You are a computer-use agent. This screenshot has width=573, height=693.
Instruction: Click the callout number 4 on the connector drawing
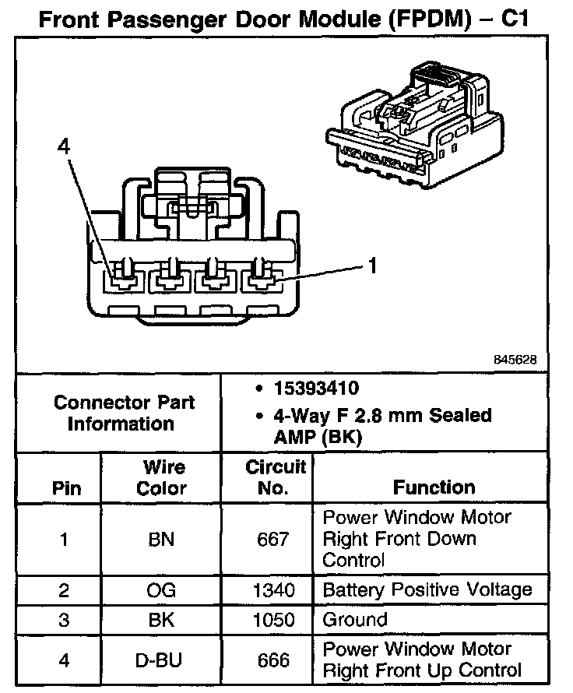(63, 146)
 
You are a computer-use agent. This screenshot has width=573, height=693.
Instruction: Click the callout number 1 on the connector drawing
(372, 266)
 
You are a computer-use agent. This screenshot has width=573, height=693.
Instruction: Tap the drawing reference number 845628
(515, 361)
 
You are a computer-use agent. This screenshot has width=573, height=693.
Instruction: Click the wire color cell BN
(161, 539)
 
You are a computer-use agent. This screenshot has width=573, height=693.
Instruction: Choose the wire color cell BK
(161, 620)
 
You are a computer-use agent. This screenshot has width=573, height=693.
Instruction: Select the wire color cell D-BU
(161, 660)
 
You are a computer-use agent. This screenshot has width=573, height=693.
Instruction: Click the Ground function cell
(354, 620)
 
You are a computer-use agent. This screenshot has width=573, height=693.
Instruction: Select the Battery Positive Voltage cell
(427, 589)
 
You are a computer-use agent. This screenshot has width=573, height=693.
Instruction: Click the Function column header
(434, 487)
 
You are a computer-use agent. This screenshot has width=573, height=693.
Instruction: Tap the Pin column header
(65, 488)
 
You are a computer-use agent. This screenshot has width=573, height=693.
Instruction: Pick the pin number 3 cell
(64, 620)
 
